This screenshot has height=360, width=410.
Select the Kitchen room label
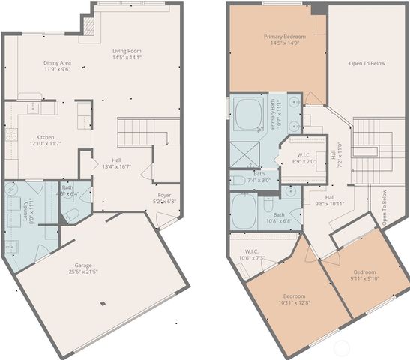coord(44,139)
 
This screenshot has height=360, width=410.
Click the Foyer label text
coord(163,197)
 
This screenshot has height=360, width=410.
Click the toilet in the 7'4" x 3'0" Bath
coord(236,181)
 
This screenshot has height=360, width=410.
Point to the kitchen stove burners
coord(11,135)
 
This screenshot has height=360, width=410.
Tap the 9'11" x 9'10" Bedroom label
coord(364,275)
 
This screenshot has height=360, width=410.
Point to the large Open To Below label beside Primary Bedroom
coord(367,63)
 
